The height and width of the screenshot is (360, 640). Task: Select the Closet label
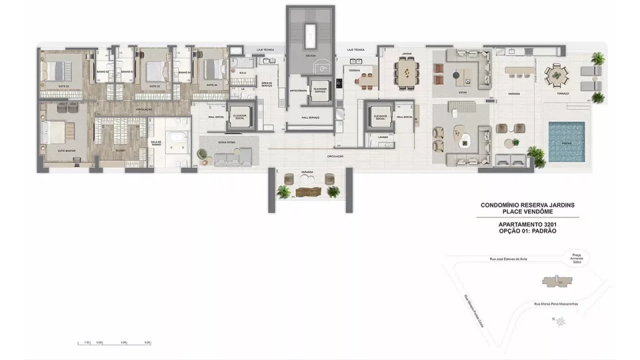pos(120,150)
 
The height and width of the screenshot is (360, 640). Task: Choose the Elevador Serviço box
pos(320,91)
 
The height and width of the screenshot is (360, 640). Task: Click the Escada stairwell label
pos(311,57)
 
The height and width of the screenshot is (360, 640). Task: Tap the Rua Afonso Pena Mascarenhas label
pos(555,304)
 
